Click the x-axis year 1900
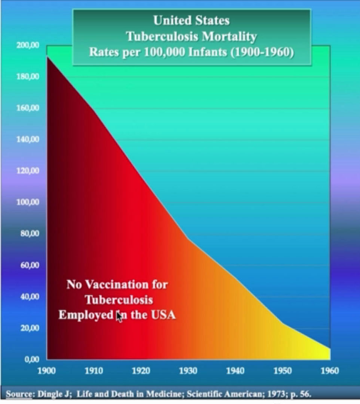tap(47, 371)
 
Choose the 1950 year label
tap(283, 371)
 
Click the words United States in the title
tap(191, 20)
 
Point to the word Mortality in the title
tap(229, 36)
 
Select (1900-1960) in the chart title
tap(262, 52)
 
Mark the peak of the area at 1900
tap(47, 56)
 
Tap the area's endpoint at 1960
tap(330, 349)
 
